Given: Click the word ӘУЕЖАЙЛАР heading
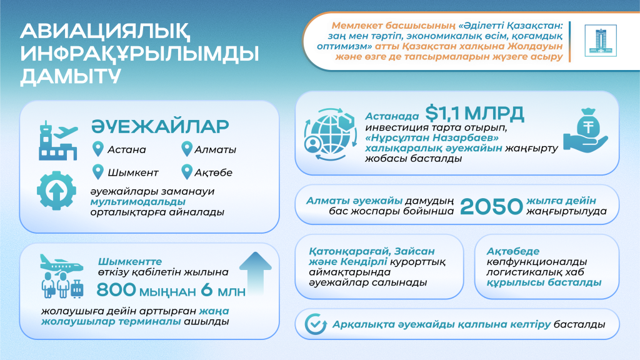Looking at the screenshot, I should pyautogui.click(x=161, y=126).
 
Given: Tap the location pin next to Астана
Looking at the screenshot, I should pyautogui.click(x=97, y=149).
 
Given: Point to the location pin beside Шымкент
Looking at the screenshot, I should pyautogui.click(x=97, y=171).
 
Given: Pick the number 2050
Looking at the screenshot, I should pyautogui.click(x=491, y=206).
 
